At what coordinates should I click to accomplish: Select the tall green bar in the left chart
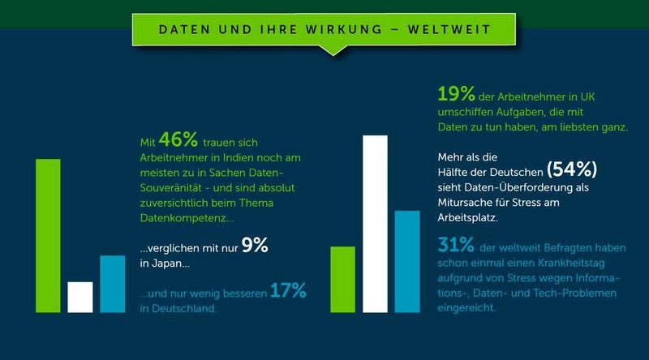pos(48,235)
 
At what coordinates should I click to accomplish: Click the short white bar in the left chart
pos(80,297)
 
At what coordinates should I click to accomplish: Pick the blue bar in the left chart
pos(112,284)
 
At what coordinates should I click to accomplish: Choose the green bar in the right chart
pos(342,279)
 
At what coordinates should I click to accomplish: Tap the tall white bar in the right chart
pos(375,224)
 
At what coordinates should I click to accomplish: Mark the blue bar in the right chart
pos(407,261)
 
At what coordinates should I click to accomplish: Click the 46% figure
pos(178,139)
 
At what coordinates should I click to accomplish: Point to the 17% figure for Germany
pos(288,291)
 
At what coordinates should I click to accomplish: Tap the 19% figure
pos(456,94)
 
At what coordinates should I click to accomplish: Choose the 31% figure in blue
pos(457,244)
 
